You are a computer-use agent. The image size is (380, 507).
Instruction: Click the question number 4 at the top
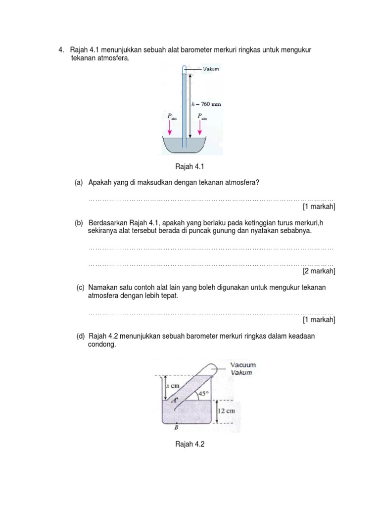[x=60, y=50]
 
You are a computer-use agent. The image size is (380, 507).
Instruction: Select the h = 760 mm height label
[x=206, y=104]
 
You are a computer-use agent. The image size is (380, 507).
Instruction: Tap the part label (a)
[x=79, y=183]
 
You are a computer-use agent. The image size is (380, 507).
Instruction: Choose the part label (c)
[x=80, y=288]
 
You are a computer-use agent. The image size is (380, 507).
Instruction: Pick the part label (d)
[x=80, y=336]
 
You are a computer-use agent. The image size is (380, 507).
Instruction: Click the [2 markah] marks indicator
[x=319, y=271]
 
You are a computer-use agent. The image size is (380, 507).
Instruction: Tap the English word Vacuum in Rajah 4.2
[x=242, y=365]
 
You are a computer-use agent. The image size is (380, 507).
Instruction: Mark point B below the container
[x=176, y=428]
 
